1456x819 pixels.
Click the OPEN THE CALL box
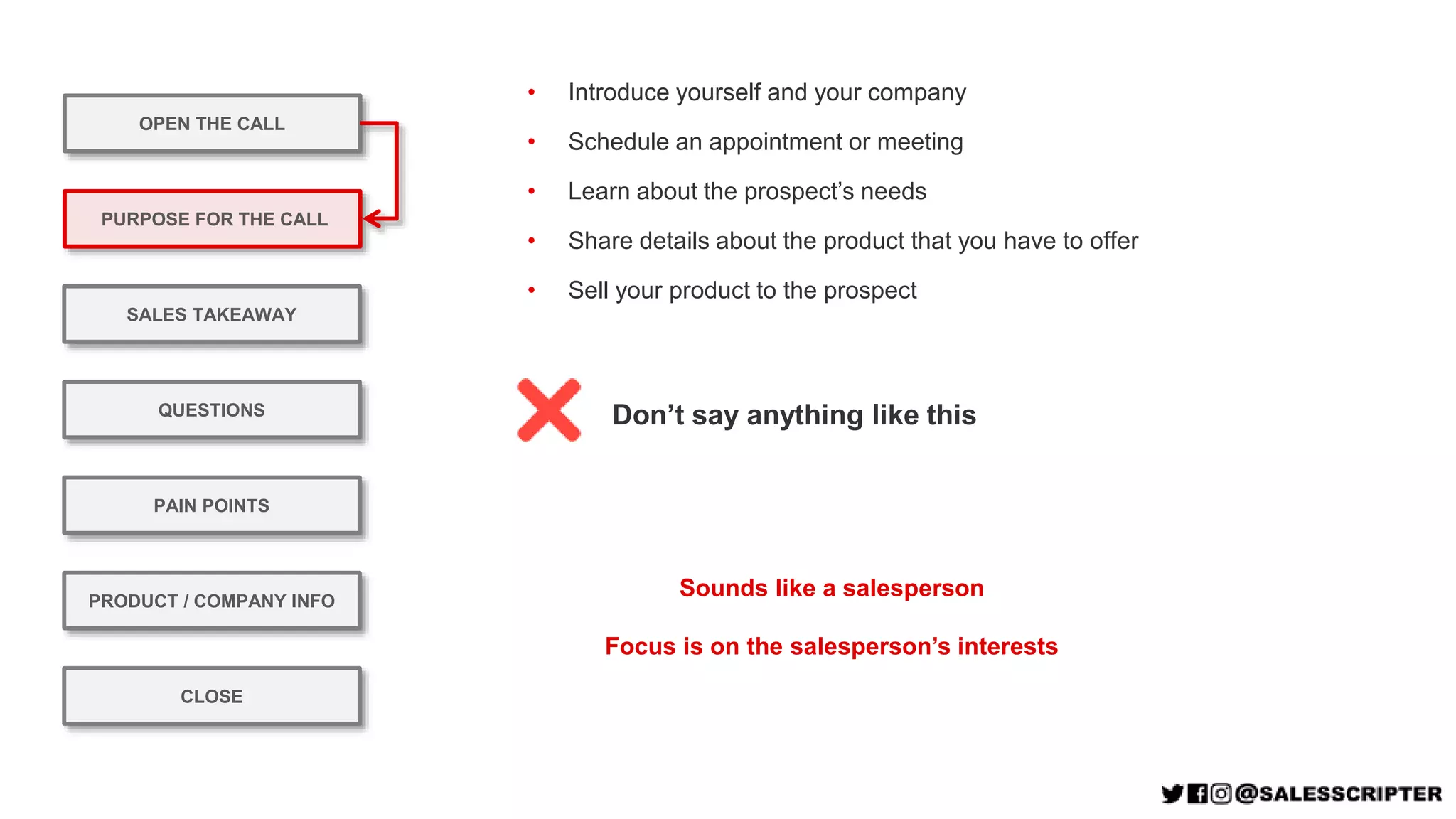212,124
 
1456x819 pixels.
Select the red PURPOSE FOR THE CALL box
212,219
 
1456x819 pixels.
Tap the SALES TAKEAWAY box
212,314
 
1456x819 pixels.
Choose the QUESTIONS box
212,410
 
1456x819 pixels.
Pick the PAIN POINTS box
212,505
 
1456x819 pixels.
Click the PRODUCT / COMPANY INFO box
212,601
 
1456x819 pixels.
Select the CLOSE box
212,696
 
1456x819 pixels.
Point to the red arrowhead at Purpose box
372,218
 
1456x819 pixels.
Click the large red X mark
549,410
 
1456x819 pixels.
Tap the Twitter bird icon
1172,793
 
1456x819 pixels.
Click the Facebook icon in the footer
1197,793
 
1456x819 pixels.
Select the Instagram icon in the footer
1221,793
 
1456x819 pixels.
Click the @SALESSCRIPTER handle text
1339,793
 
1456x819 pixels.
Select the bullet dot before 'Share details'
531,241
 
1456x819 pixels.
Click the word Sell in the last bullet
588,290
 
